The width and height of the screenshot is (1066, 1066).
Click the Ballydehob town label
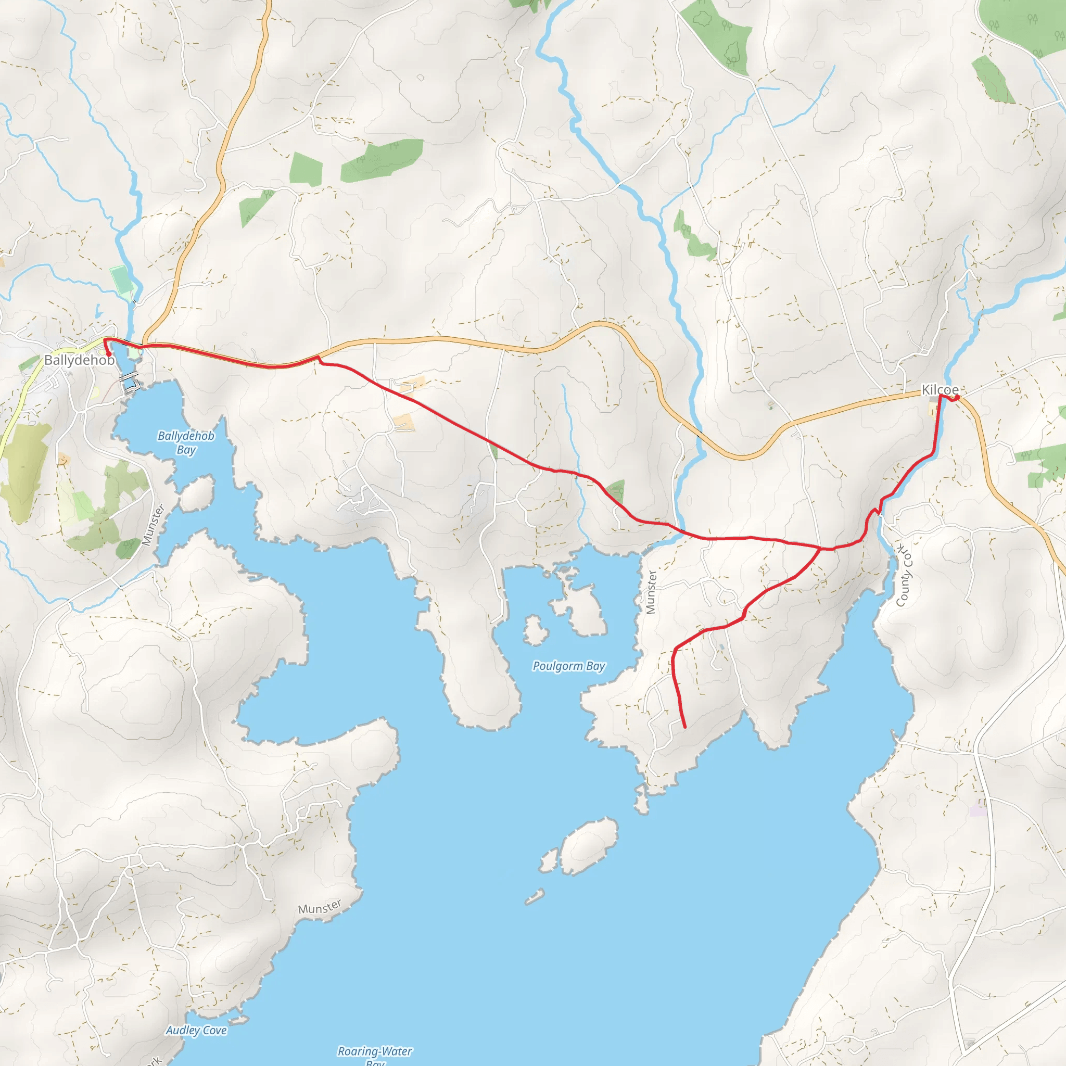point(80,360)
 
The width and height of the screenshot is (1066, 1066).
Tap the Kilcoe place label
point(940,390)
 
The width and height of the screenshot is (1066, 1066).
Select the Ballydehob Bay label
point(186,442)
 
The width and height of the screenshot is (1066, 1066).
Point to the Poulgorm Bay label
point(569,666)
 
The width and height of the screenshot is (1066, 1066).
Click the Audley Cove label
point(196,1030)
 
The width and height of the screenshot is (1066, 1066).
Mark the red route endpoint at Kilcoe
point(957,397)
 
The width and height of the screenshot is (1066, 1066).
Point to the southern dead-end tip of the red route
point(685,727)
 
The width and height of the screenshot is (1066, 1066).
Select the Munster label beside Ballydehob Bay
point(154,525)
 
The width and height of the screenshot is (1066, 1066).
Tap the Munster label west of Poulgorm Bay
point(651,592)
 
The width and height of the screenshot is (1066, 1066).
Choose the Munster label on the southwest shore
point(320,907)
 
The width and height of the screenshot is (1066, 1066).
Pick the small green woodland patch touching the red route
point(615,490)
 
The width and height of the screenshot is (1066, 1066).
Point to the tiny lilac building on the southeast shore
point(977,810)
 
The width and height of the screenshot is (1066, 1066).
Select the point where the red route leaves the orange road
point(318,357)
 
